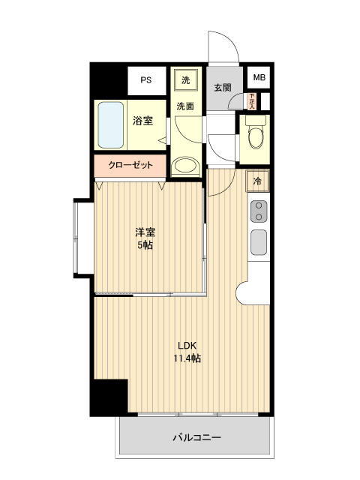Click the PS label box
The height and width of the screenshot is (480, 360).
point(145,79)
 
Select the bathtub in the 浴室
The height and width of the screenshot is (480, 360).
point(110,124)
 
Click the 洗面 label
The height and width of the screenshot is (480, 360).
point(185,106)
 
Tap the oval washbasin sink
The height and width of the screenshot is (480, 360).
point(184,166)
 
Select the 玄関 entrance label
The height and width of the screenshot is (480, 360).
point(223,86)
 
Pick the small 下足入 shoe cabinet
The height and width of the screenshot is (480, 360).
point(253,100)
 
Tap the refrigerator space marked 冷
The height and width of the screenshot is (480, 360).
point(257,181)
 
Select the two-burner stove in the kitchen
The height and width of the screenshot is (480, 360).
point(258,211)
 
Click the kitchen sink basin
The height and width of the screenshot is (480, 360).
point(258,241)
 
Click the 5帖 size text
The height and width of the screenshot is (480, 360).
point(145,245)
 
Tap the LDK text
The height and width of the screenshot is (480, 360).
point(187,346)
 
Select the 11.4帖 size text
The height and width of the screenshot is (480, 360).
point(187,358)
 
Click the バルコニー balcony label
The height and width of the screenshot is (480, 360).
point(196,436)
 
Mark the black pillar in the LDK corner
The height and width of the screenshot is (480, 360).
point(108,397)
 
